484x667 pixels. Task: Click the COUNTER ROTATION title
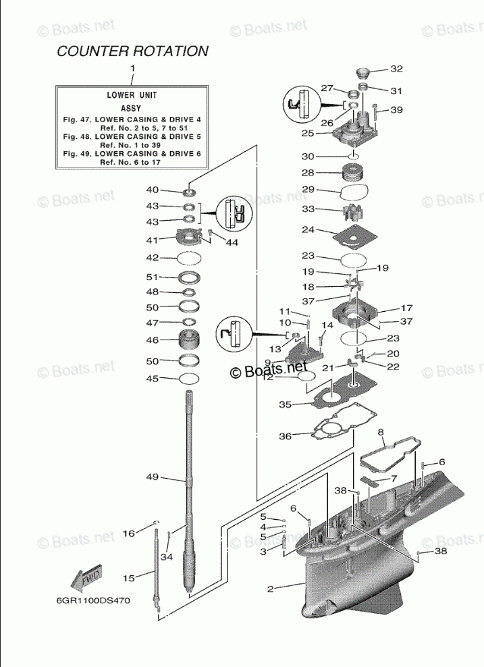tap(132, 51)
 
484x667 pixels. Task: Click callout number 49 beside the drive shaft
tap(152, 477)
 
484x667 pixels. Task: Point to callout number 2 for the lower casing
tap(270, 589)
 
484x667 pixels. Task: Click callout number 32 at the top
tap(396, 69)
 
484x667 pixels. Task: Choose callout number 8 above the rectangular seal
tap(381, 432)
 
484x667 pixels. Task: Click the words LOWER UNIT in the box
tap(132, 95)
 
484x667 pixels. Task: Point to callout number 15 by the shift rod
tap(128, 578)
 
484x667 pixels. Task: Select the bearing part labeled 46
tap(191, 340)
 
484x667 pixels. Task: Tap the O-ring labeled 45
tap(191, 379)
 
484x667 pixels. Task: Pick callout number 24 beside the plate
tap(308, 230)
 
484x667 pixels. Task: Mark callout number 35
tap(286, 404)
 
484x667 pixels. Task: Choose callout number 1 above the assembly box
tap(132, 68)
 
